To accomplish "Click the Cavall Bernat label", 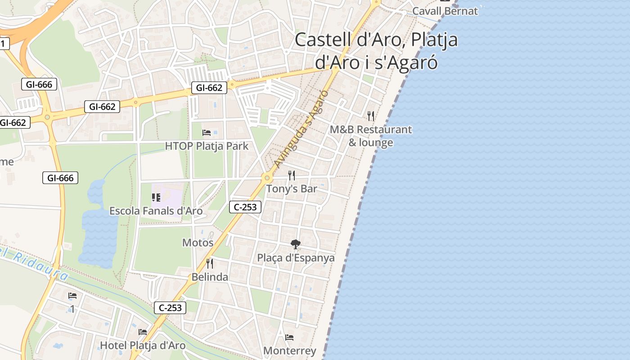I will tap(445, 11).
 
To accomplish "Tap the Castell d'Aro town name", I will tap(376, 51).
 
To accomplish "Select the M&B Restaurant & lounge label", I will tap(371, 136).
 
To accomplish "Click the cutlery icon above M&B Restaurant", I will tap(371, 116).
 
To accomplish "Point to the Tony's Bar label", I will tap(292, 189).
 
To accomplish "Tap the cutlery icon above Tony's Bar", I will tap(292, 175).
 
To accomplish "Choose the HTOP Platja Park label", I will tap(207, 146).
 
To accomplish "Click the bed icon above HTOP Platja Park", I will tap(207, 132).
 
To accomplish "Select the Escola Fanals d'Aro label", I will tap(156, 211).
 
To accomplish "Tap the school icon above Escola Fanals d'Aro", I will tap(156, 197).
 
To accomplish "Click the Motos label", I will tap(198, 243).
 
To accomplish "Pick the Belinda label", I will tap(210, 277).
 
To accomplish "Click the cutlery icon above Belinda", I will tap(210, 263).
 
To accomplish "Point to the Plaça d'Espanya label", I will tap(296, 258).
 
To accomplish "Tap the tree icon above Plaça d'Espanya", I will tap(296, 244).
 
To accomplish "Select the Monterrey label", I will tap(290, 351).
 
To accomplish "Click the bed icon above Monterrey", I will tap(290, 337).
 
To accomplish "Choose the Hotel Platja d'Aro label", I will tap(143, 345).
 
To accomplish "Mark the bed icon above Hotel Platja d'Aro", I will tap(143, 332).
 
